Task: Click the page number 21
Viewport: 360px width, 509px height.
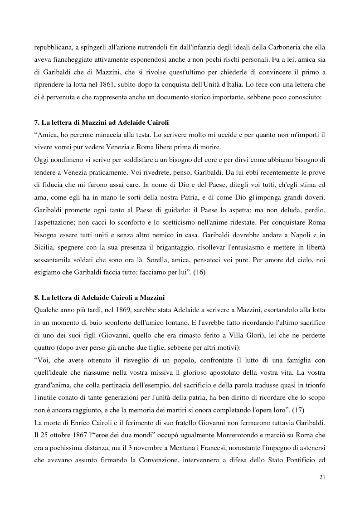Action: pos(322,477)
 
